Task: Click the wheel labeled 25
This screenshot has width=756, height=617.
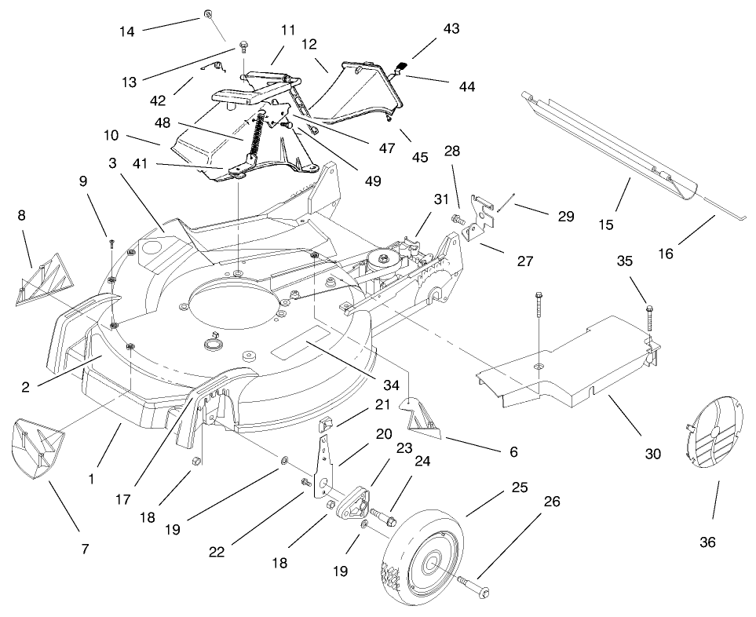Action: (x=423, y=560)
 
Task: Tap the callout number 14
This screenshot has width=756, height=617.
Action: (x=127, y=32)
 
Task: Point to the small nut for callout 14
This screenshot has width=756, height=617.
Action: (x=208, y=14)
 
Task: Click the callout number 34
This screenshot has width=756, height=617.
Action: (x=391, y=385)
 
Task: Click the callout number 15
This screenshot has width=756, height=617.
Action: (x=606, y=225)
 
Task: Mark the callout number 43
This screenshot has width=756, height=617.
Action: (x=451, y=29)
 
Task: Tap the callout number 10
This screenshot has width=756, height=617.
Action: (x=111, y=135)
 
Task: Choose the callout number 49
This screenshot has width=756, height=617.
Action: (x=372, y=181)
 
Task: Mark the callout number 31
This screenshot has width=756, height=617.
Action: (x=440, y=199)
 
